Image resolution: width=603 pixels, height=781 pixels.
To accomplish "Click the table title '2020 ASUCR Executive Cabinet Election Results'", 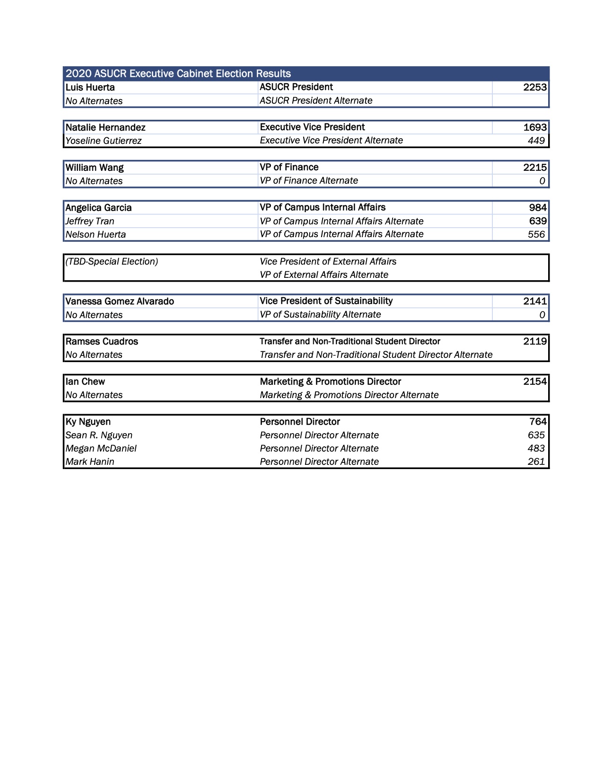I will click(178, 74).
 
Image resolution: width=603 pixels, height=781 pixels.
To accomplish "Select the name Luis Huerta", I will click(90, 88).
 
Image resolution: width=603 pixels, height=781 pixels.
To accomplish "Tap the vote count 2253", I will click(535, 87).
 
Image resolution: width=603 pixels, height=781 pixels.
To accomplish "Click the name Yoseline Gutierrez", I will click(104, 141).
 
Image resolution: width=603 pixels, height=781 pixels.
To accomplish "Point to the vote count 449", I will click(536, 141).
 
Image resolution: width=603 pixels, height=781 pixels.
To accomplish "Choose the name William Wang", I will click(95, 168).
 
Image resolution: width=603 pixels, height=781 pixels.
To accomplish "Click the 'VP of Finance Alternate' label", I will click(309, 181).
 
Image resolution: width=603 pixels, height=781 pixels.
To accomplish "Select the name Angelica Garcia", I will click(98, 208).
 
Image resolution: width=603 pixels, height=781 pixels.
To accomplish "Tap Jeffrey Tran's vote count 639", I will click(538, 221).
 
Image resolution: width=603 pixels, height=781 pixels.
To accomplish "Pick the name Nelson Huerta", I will click(96, 234).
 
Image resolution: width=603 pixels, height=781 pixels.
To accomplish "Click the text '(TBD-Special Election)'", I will click(112, 262).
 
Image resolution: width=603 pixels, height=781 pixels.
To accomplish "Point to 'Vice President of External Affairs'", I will click(328, 262).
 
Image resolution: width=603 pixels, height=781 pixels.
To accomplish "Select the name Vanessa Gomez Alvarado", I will click(120, 302).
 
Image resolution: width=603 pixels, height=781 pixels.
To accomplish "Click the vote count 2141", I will click(535, 301).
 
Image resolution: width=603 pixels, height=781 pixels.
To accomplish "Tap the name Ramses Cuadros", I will click(102, 342).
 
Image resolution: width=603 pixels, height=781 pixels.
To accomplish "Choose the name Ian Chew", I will click(85, 382).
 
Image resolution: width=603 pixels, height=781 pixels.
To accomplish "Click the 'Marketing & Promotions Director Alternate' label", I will click(349, 395).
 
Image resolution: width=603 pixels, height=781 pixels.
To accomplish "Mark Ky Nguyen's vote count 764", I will click(538, 422).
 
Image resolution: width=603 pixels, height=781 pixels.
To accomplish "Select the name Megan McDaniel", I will click(101, 448).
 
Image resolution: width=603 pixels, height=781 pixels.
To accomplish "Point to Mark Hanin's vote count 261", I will click(536, 461).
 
